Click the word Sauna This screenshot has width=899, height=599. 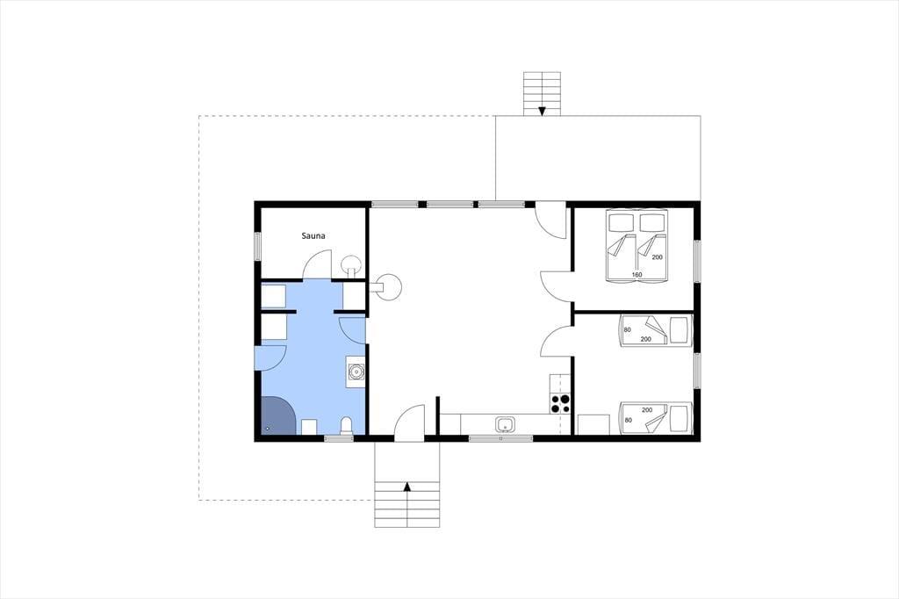pos(313,235)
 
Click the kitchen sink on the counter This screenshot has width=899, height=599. pos(505,425)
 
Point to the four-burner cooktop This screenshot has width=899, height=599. pos(560,403)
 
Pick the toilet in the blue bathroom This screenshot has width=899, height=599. pos(346,426)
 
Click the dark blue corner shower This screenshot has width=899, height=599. pos(278,415)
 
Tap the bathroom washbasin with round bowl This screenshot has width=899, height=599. pos(356,372)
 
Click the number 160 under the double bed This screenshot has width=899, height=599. pos(636,275)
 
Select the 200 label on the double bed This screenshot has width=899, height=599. pos(657,257)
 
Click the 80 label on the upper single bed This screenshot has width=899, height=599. pos(627,330)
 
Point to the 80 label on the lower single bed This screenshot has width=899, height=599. pos(628,420)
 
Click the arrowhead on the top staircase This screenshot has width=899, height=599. pos(542,112)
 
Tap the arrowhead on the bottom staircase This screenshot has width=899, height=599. pos(407,487)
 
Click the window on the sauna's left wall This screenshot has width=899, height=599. pos(258,247)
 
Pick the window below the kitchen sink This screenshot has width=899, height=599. pos(500,438)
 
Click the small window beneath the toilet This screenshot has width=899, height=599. pos(340,438)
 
